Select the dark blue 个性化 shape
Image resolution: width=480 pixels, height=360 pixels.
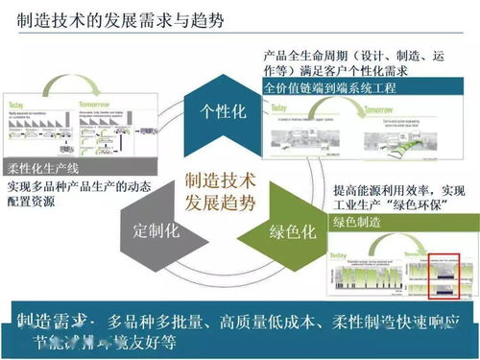[x=224, y=112]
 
